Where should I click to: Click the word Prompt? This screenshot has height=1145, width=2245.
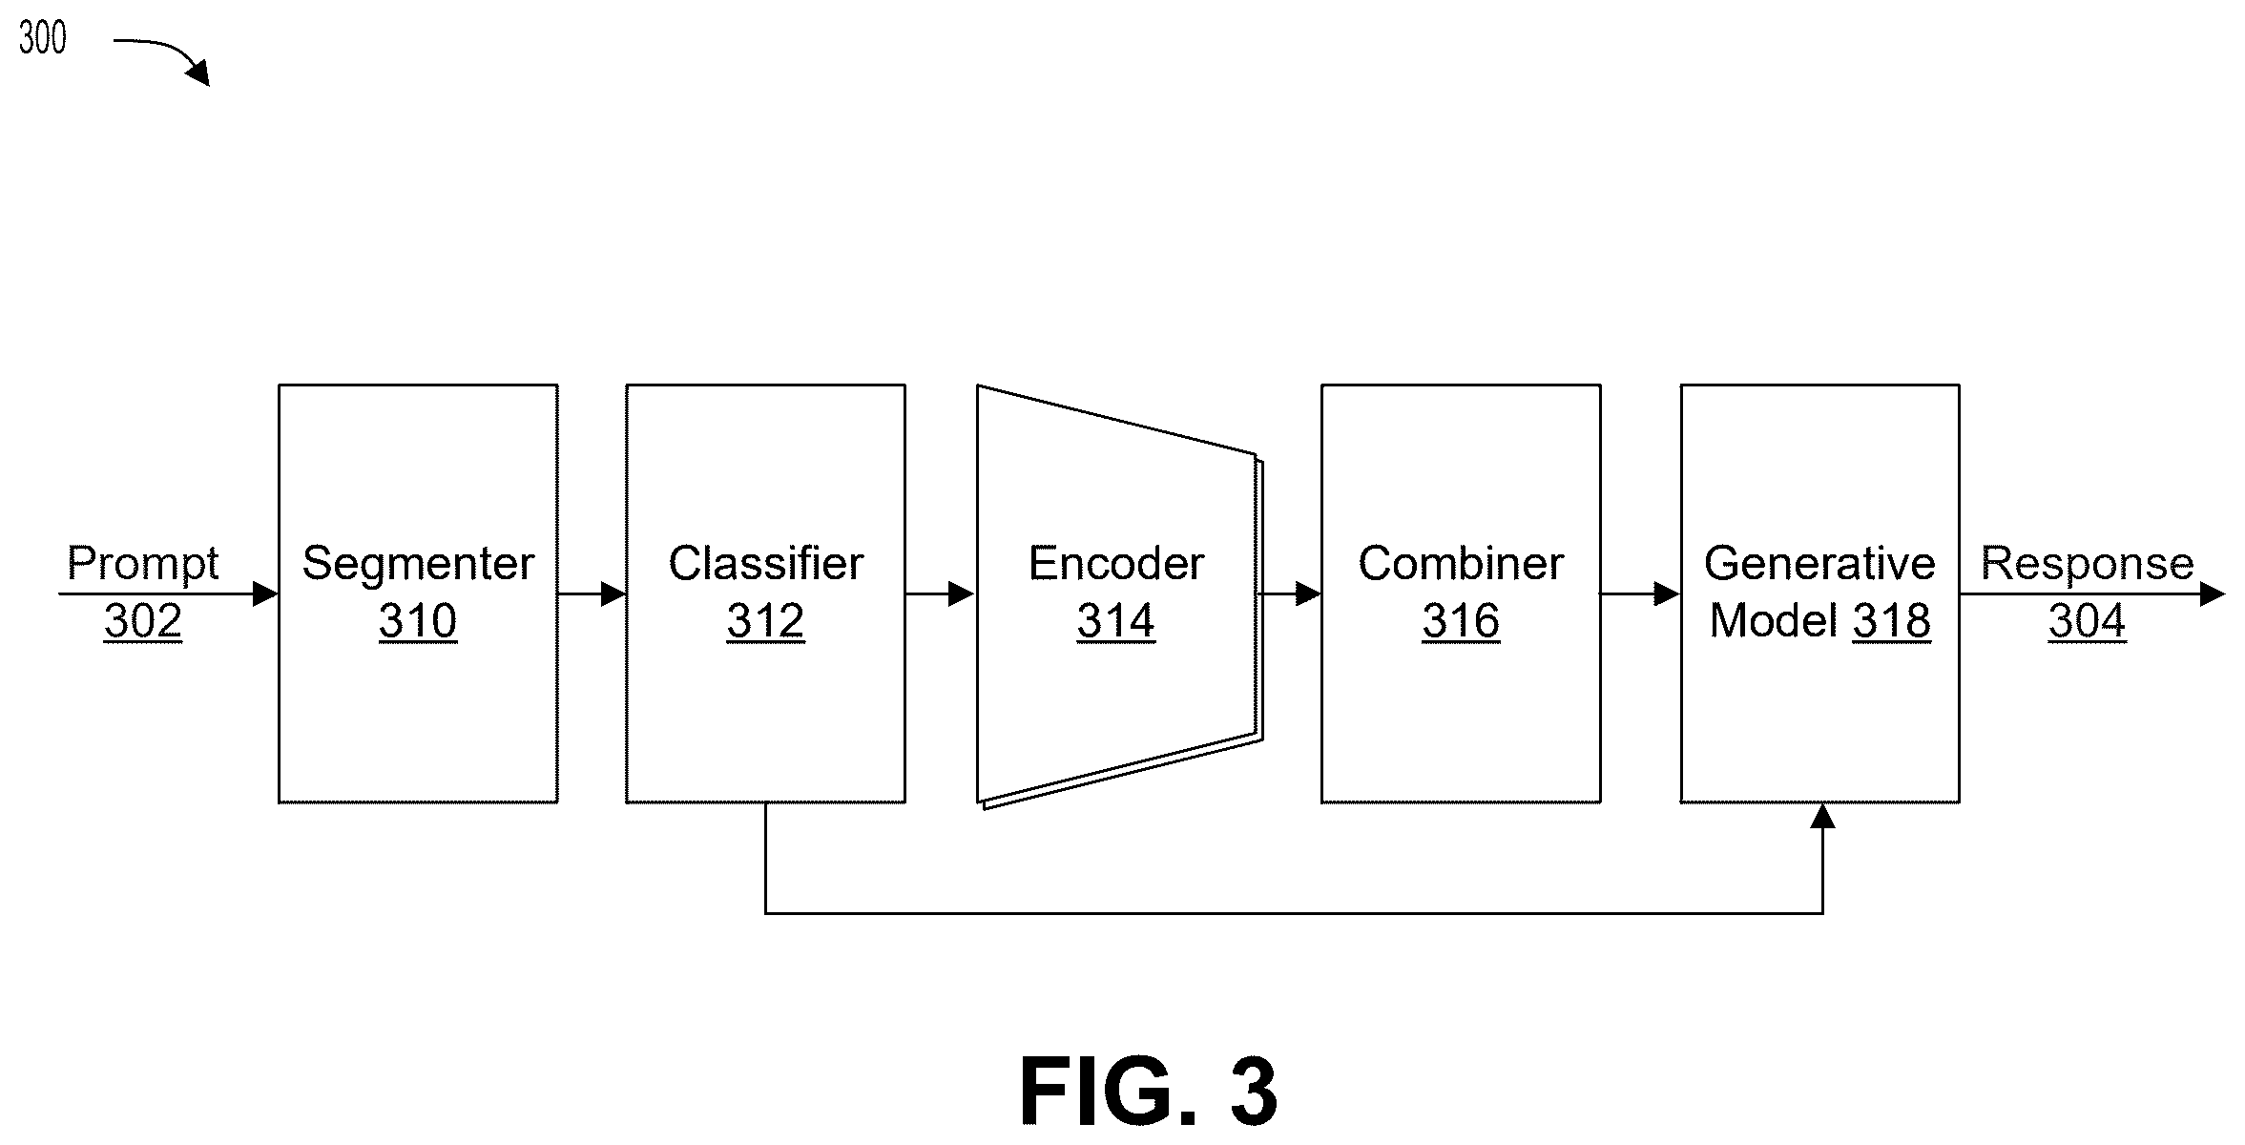click(x=143, y=565)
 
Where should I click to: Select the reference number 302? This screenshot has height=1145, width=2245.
click(x=143, y=621)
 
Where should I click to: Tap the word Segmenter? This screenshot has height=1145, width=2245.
click(x=418, y=565)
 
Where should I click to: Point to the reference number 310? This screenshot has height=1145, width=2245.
click(x=418, y=621)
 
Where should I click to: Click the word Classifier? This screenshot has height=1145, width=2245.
click(x=765, y=563)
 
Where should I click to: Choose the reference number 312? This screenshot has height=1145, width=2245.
click(x=765, y=621)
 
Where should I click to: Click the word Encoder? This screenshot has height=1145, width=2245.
click(x=1115, y=563)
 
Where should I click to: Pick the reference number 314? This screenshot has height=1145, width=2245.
click(x=1115, y=621)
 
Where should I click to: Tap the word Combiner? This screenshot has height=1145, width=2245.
click(x=1461, y=563)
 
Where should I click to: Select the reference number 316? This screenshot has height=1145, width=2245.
click(x=1461, y=621)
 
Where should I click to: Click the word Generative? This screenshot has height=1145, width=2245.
click(x=1819, y=563)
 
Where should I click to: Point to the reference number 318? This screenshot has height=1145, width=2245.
click(x=1892, y=621)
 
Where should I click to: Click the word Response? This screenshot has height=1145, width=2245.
click(x=2088, y=565)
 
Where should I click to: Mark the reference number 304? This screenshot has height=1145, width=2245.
click(x=2087, y=621)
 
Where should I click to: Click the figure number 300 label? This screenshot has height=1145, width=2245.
click(x=43, y=38)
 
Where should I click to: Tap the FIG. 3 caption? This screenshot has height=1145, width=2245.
click(x=1148, y=1092)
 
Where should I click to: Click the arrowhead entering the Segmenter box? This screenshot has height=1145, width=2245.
click(x=265, y=594)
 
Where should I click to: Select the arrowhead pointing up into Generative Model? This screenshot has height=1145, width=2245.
click(x=1822, y=816)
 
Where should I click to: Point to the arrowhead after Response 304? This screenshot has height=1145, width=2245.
click(x=2212, y=594)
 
